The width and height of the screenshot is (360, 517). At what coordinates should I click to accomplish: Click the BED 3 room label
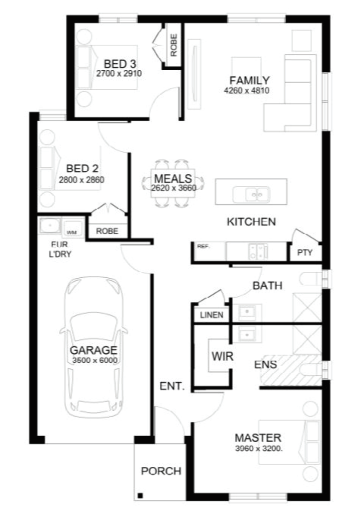120,64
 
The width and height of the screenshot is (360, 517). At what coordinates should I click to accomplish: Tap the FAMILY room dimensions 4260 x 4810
246,90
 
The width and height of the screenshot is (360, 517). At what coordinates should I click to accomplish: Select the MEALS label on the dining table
173,179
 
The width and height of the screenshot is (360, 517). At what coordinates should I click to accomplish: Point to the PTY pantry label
305,253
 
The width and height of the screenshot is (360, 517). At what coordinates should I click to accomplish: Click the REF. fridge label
204,246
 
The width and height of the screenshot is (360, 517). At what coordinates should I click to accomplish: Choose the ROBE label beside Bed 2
107,231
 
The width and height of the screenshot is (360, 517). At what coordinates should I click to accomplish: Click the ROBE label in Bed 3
173,45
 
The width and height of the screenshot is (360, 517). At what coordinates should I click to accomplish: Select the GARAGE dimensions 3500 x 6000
94,360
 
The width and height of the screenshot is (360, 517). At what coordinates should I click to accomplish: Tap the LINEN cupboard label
212,315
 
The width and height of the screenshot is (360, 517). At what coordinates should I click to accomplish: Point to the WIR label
223,356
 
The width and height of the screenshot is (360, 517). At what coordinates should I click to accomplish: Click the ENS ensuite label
266,364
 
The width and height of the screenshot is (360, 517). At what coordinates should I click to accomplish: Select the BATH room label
267,285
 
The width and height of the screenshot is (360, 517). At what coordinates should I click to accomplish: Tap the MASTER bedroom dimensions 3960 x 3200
259,449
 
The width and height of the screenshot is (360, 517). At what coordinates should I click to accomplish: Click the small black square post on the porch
140,495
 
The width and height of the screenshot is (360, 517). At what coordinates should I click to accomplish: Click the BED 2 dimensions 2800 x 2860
82,180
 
